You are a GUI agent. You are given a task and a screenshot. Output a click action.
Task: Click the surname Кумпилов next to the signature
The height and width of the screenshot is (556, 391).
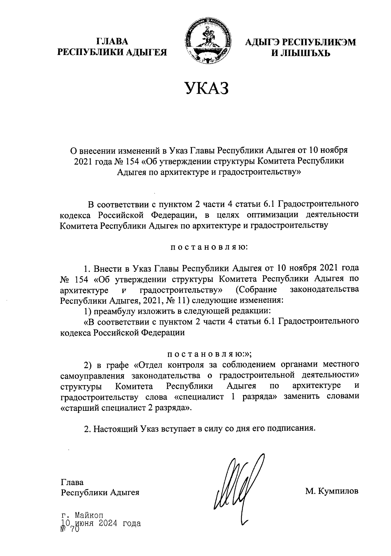(x=339, y=491)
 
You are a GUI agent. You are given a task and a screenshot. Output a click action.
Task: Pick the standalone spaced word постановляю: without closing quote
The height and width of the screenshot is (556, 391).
(x=209, y=247)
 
